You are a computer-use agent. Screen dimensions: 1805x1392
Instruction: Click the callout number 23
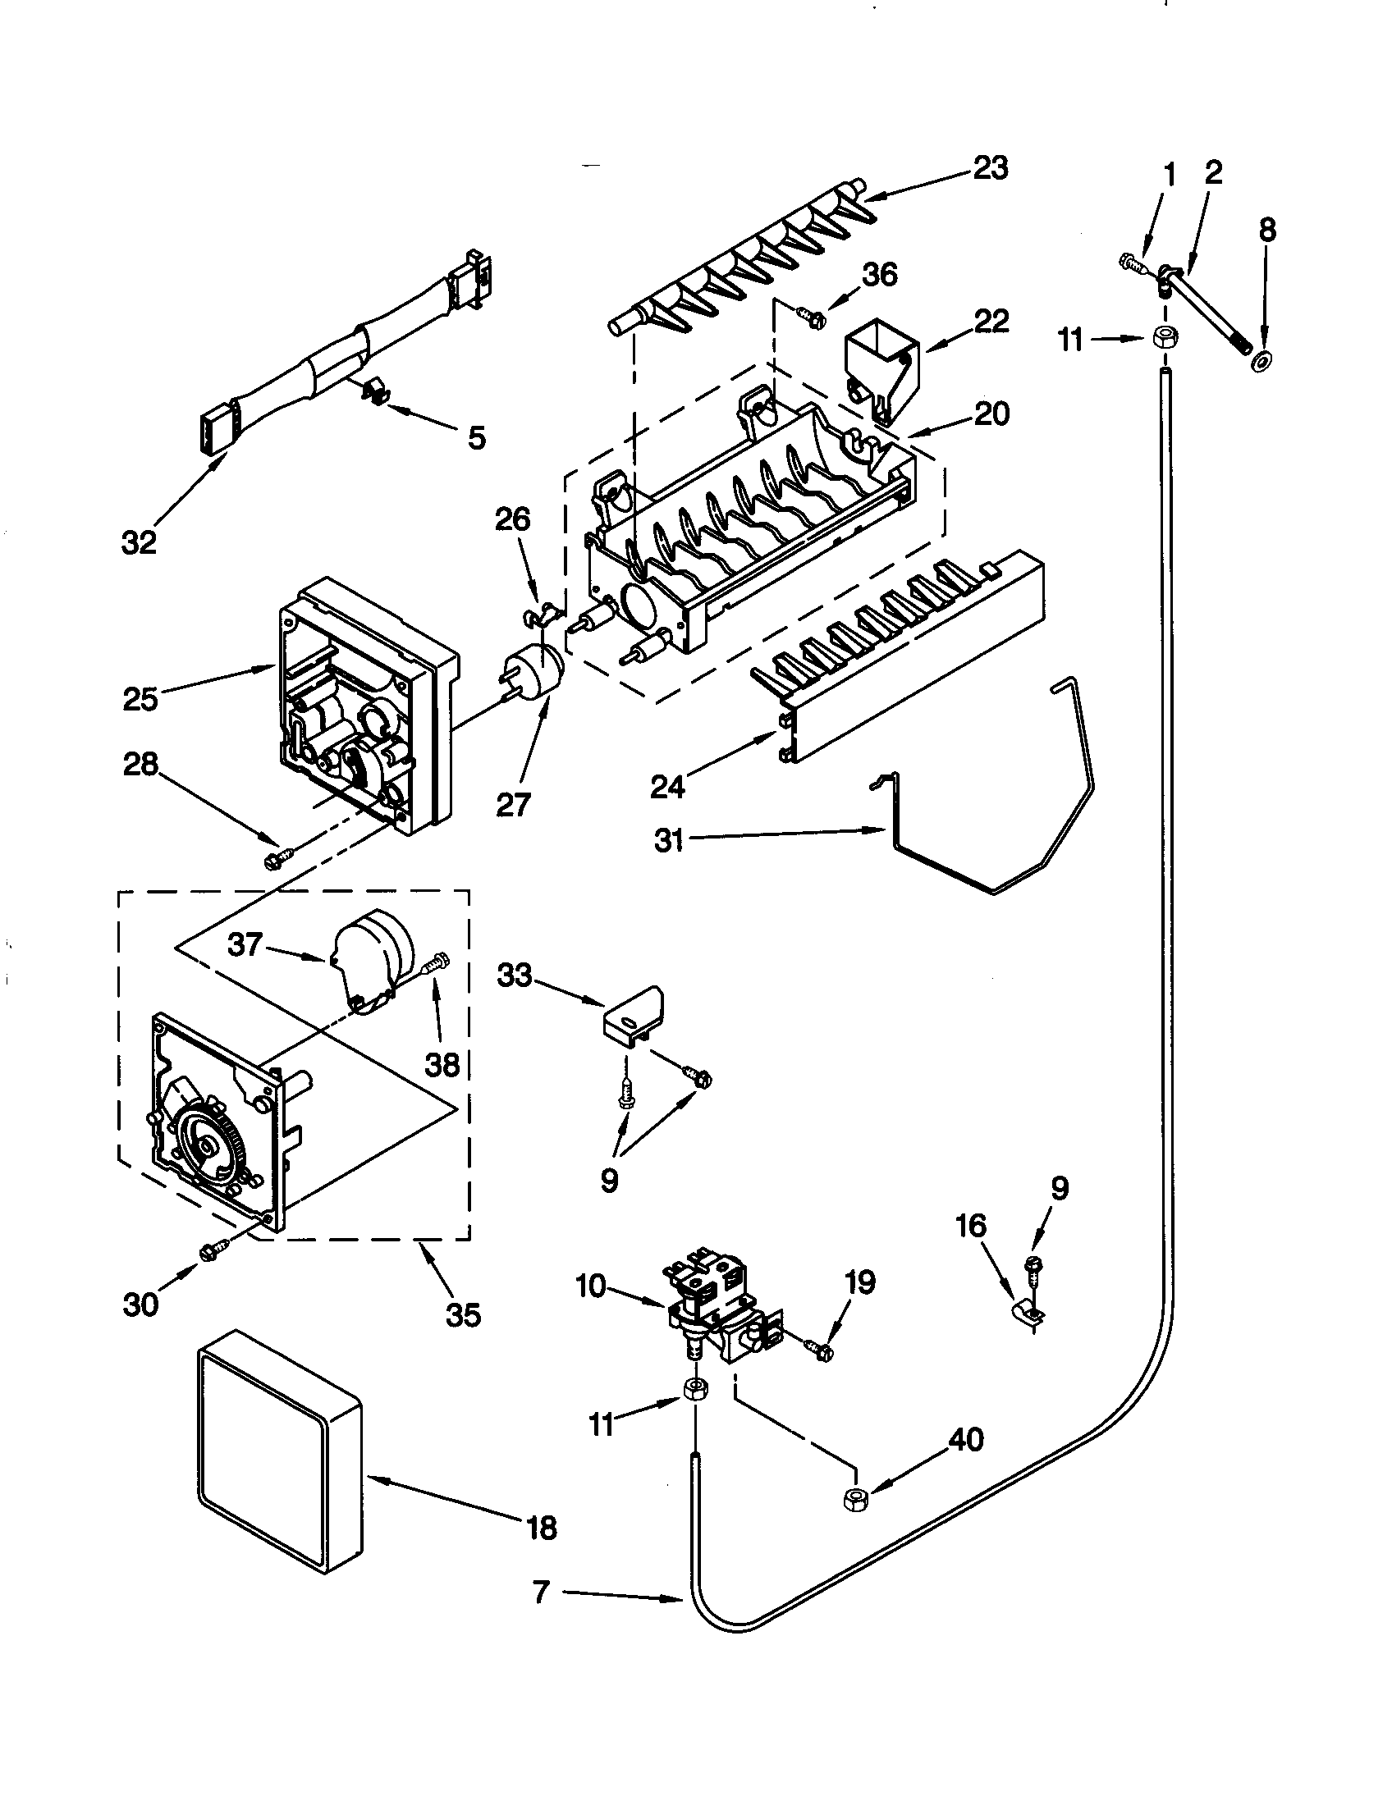click(990, 168)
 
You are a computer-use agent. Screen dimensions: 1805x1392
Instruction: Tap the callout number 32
click(138, 542)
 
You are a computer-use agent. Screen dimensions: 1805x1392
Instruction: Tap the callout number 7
click(541, 1590)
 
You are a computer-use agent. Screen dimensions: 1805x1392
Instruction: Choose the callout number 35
click(463, 1314)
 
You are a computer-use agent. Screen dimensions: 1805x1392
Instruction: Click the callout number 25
click(140, 699)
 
